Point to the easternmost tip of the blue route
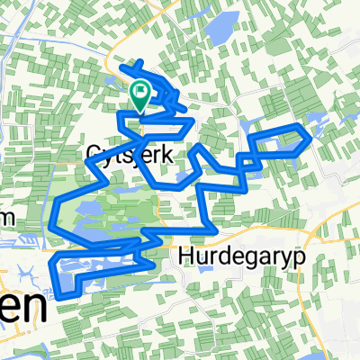pyautogui.click(x=311, y=138)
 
